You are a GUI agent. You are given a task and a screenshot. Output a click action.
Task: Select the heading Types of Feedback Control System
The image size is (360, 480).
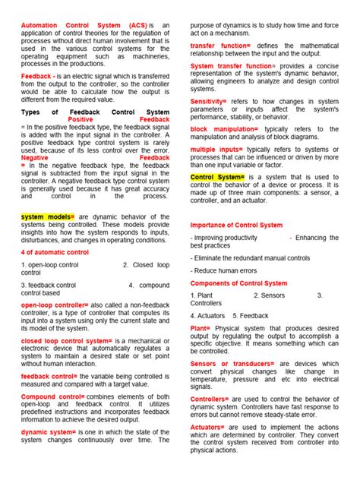pyautogui.click(x=95, y=112)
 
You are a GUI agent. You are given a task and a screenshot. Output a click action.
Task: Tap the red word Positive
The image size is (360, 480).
pyautogui.click(x=86, y=120)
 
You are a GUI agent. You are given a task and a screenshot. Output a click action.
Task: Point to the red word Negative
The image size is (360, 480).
pyautogui.click(x=36, y=158)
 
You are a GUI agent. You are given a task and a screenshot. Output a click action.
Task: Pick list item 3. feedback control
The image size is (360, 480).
pyautogui.click(x=49, y=286)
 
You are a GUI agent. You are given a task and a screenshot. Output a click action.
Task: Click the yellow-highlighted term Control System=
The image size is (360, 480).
pyautogui.click(x=216, y=178)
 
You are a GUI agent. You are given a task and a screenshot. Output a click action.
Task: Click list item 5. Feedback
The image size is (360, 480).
pyautogui.click(x=251, y=315)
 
